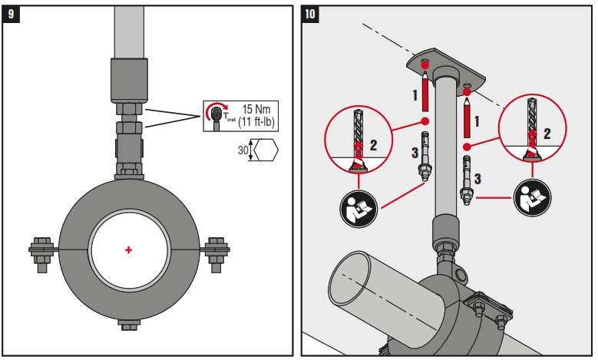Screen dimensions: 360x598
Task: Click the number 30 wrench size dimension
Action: pos(243,151)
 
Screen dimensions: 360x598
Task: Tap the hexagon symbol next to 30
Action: pos(265,151)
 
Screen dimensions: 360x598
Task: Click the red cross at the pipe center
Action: pos(128,250)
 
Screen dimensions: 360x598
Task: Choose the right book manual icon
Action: pos(530,198)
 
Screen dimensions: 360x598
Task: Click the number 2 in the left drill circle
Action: pos(374,144)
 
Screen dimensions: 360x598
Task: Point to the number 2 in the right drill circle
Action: pos(547,134)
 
